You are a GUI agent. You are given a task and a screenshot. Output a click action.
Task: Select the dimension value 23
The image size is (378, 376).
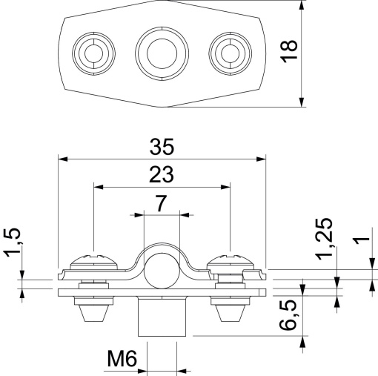(x=162, y=174)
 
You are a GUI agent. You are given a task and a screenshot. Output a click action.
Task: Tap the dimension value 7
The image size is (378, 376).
(x=161, y=202)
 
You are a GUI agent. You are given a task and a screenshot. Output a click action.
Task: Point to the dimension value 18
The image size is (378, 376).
(x=291, y=50)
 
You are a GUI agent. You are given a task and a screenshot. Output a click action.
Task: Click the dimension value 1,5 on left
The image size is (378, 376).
(x=13, y=245)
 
